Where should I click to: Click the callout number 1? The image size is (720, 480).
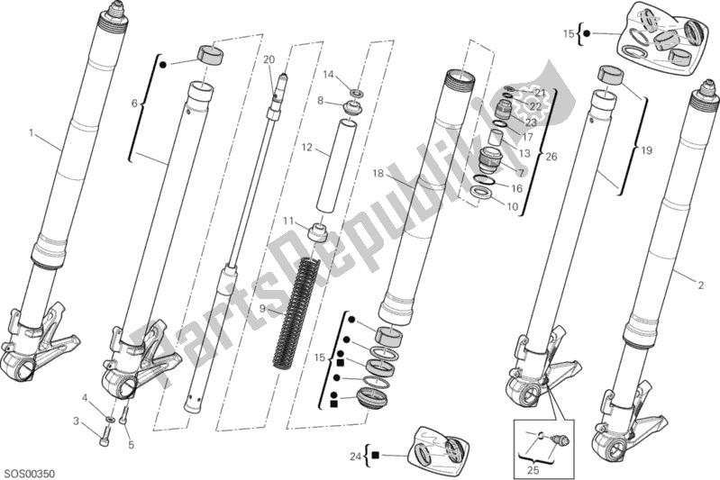click(x=32, y=133)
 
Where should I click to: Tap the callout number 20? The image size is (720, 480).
click(x=269, y=59)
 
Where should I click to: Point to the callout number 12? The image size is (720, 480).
click(x=306, y=148)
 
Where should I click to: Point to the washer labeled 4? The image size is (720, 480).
click(x=110, y=419)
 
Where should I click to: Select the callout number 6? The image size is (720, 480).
click(x=135, y=104)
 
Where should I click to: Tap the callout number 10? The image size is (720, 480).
click(x=512, y=206)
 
